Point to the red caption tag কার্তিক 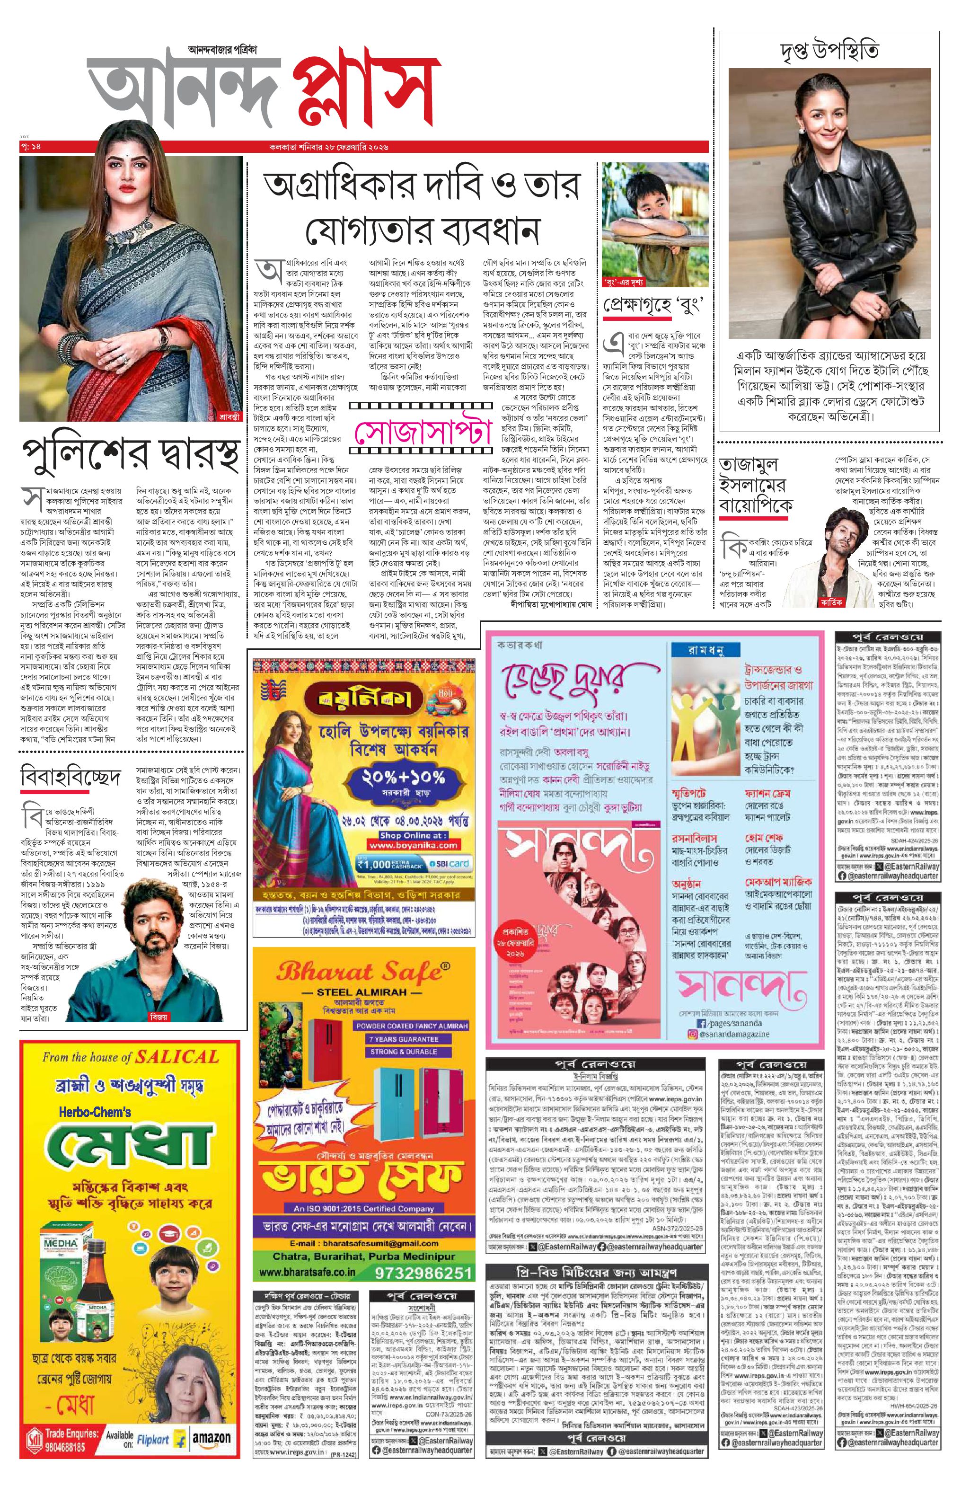831,603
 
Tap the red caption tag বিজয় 159,1017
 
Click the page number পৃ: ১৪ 31,147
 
